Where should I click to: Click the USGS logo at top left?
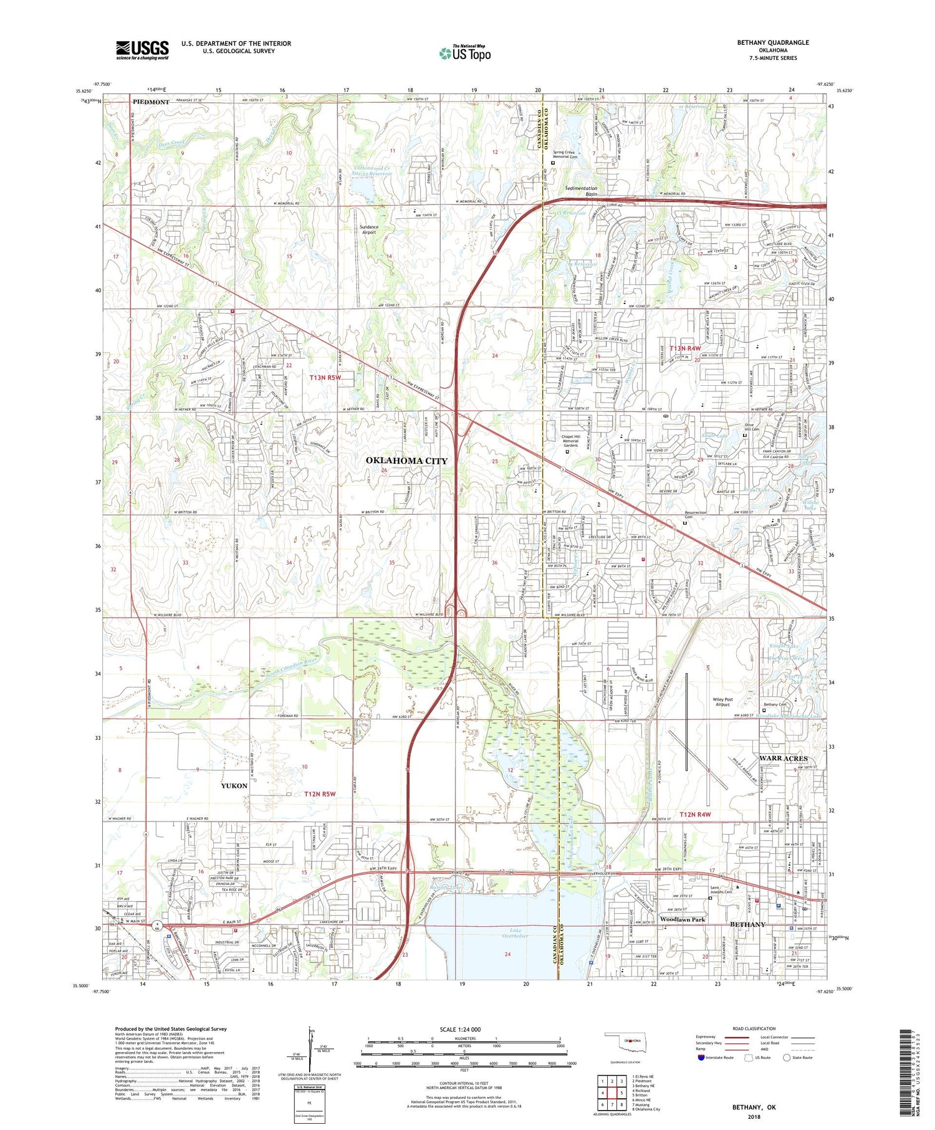142,50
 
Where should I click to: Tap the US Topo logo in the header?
465,53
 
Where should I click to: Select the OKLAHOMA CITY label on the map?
406,461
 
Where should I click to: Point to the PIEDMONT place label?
151,102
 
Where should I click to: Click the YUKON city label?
234,786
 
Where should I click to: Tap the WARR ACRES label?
783,759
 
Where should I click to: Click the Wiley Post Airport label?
722,702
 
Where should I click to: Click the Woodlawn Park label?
683,920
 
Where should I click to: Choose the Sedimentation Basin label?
581,191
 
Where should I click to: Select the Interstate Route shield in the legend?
701,1058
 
